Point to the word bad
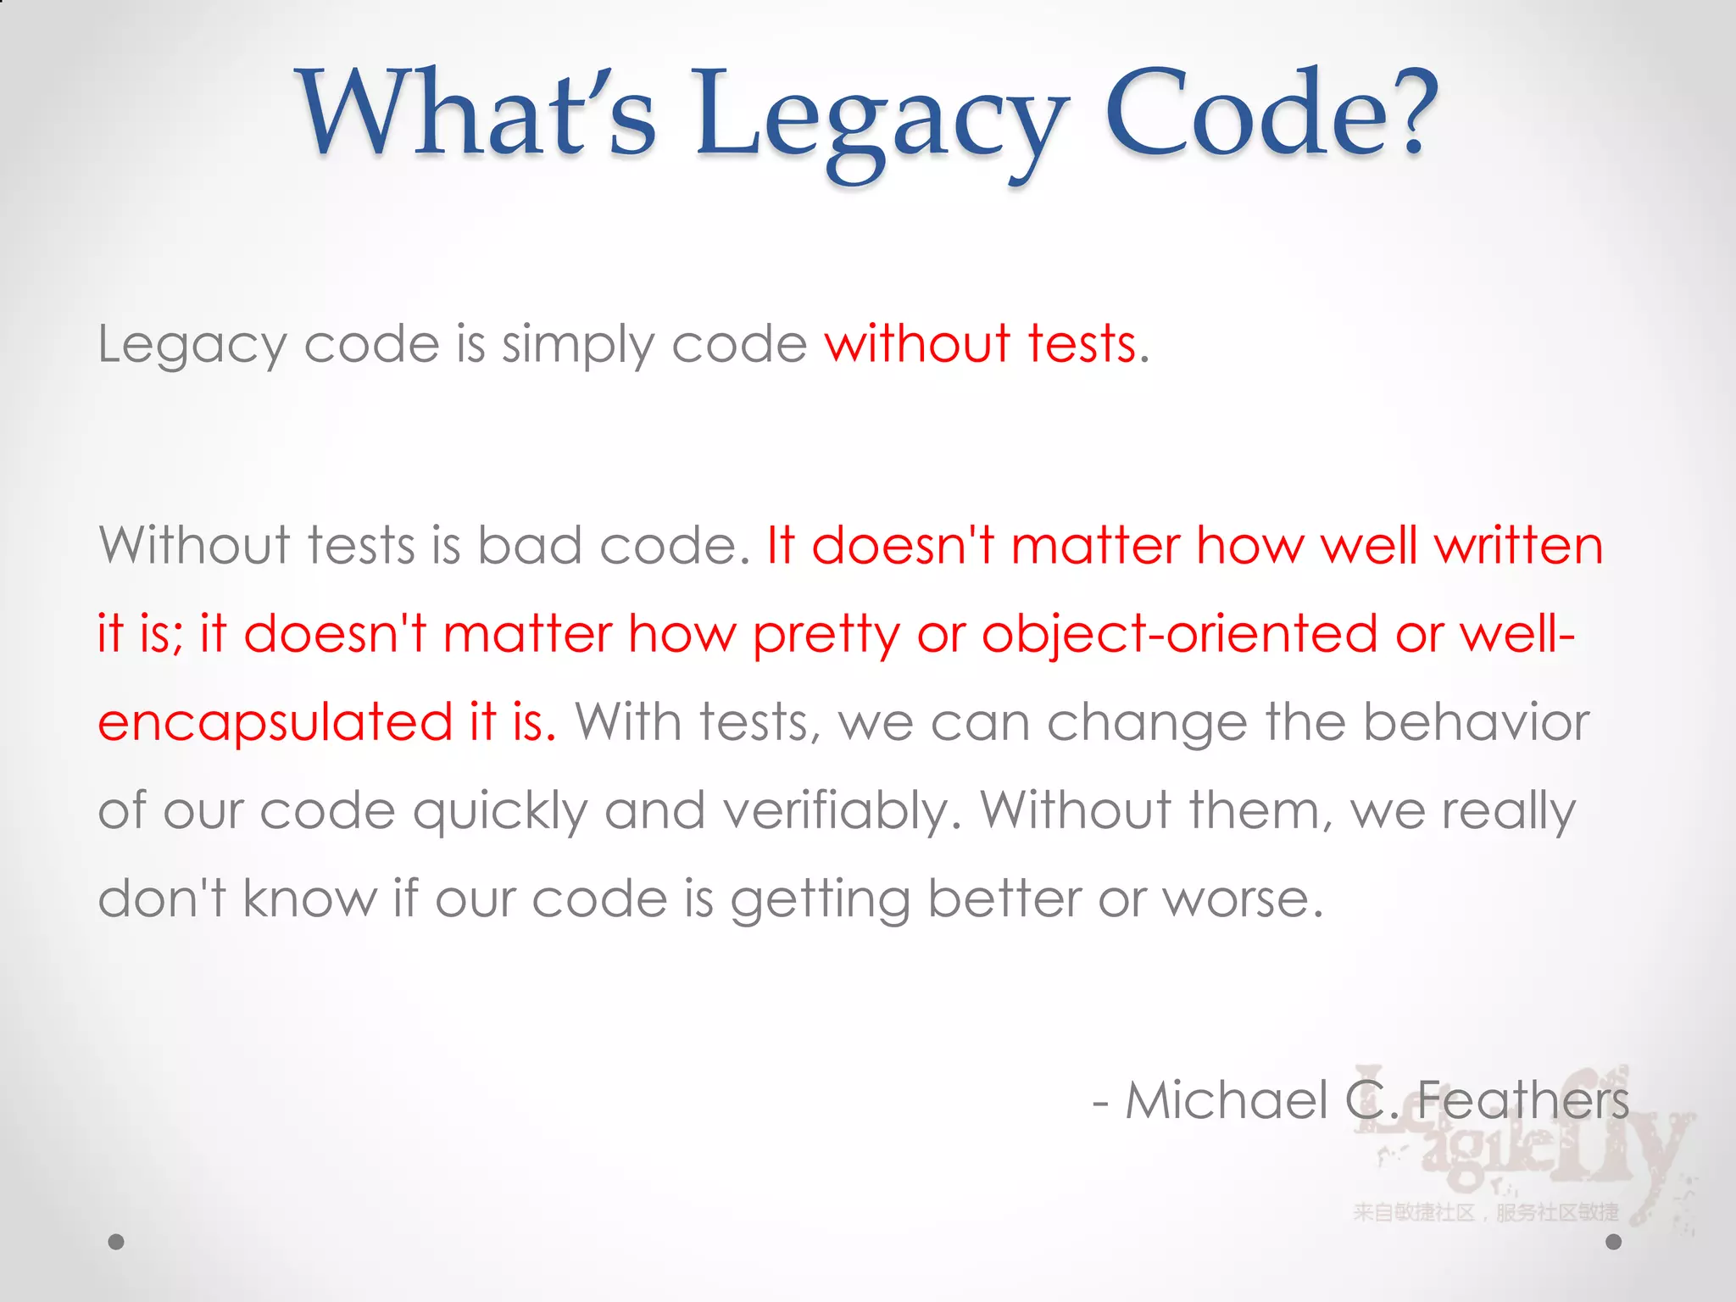click(x=529, y=544)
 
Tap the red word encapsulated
click(x=275, y=723)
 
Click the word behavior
click(x=1476, y=722)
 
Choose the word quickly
click(x=500, y=812)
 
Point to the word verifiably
click(x=843, y=812)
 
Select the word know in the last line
click(x=309, y=899)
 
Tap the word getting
click(x=820, y=900)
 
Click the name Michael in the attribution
click(x=1226, y=1100)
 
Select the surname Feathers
click(x=1522, y=1100)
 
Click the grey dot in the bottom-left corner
click(x=116, y=1242)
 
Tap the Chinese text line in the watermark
click(x=1485, y=1212)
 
